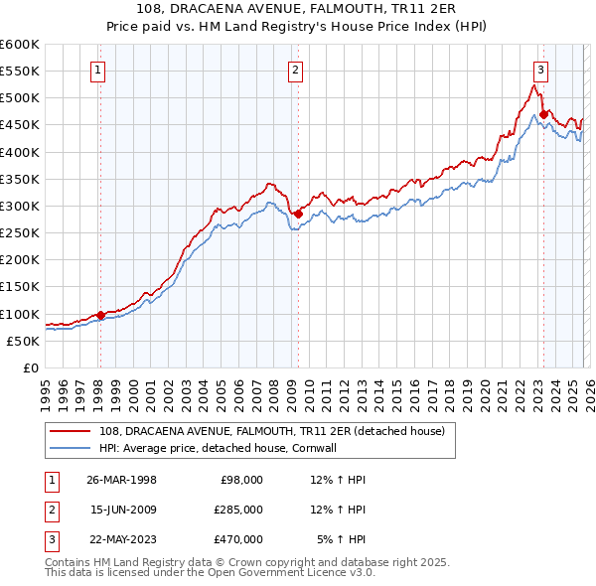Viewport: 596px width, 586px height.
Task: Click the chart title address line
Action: (297, 9)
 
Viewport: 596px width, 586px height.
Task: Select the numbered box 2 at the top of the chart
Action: (297, 70)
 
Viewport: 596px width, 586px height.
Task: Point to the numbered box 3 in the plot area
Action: (540, 70)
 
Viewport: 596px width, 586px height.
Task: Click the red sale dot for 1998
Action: (100, 316)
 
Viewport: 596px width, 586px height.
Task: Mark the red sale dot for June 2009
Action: (298, 214)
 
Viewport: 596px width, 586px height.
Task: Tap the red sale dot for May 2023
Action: (543, 114)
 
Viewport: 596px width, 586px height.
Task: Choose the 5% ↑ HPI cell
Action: (342, 539)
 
